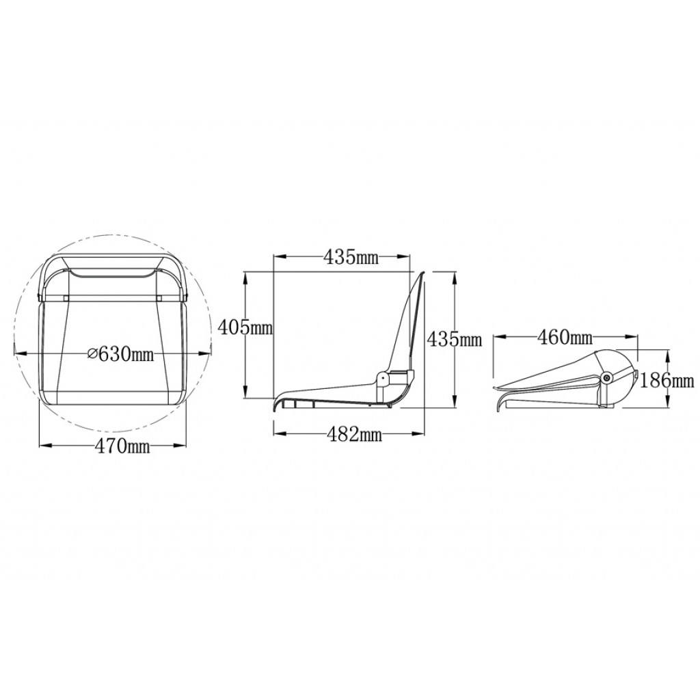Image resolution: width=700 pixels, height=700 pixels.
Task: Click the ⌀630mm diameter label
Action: (121, 354)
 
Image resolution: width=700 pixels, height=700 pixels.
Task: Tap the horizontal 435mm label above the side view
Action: (351, 257)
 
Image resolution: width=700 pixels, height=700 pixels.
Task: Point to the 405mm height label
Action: (245, 328)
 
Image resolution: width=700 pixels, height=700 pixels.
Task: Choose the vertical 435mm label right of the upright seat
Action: (455, 340)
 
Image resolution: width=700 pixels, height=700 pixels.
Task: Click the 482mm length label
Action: (355, 433)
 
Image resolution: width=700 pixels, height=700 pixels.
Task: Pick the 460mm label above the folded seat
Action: (565, 338)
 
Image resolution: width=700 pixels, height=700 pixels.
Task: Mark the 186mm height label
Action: (667, 380)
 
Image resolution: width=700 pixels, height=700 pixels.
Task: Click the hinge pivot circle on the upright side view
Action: (383, 378)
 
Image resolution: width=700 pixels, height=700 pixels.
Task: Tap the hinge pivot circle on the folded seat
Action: (606, 377)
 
